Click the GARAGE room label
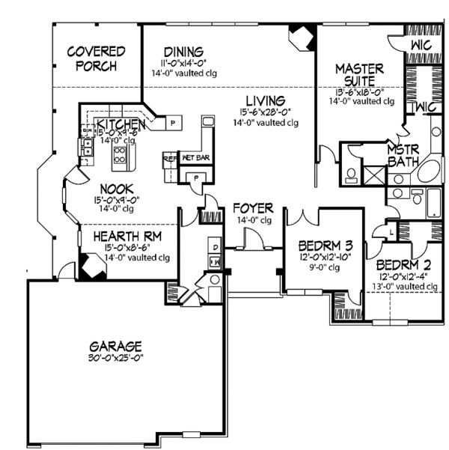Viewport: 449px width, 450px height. [x=116, y=347]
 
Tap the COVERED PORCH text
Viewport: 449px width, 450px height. [x=96, y=58]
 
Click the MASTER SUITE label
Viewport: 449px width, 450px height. [x=359, y=73]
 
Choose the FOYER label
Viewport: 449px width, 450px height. [x=252, y=207]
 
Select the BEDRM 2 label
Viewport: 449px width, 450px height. [x=401, y=265]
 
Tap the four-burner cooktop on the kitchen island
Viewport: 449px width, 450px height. [x=118, y=155]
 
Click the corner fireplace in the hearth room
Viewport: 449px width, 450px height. [x=94, y=265]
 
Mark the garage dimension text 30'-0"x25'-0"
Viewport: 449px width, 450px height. [x=116, y=359]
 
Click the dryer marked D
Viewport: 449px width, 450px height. [x=215, y=246]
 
